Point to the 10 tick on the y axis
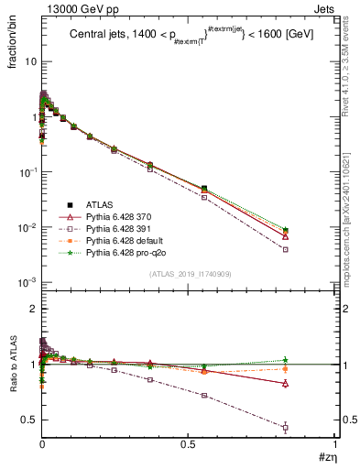click(30, 61)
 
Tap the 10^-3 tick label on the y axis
click(28, 282)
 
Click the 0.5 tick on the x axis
click(188, 444)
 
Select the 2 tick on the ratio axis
click(33, 309)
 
